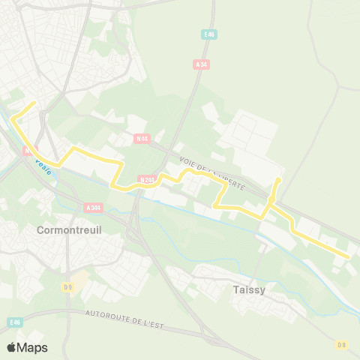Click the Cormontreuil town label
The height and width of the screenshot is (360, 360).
[x=68, y=231]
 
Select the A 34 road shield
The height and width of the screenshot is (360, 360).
[x=200, y=64]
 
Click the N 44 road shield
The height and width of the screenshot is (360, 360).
[x=142, y=138]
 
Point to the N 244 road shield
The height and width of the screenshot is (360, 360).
[x=147, y=180]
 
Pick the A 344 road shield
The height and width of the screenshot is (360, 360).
[x=94, y=207]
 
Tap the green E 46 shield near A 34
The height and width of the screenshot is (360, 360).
[x=209, y=34]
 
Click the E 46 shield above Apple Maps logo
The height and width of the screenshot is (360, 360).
[x=15, y=322]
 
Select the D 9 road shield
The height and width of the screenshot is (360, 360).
[x=67, y=286]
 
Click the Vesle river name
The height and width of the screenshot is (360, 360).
[x=43, y=167]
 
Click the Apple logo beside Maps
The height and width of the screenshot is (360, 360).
[x=11, y=347]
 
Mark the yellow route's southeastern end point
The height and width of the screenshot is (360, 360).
[x=349, y=257]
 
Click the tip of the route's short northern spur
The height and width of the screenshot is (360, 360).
[x=278, y=179]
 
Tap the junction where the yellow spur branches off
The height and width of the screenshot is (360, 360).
[x=270, y=205]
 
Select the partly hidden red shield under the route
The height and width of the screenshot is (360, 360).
[x=28, y=151]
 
